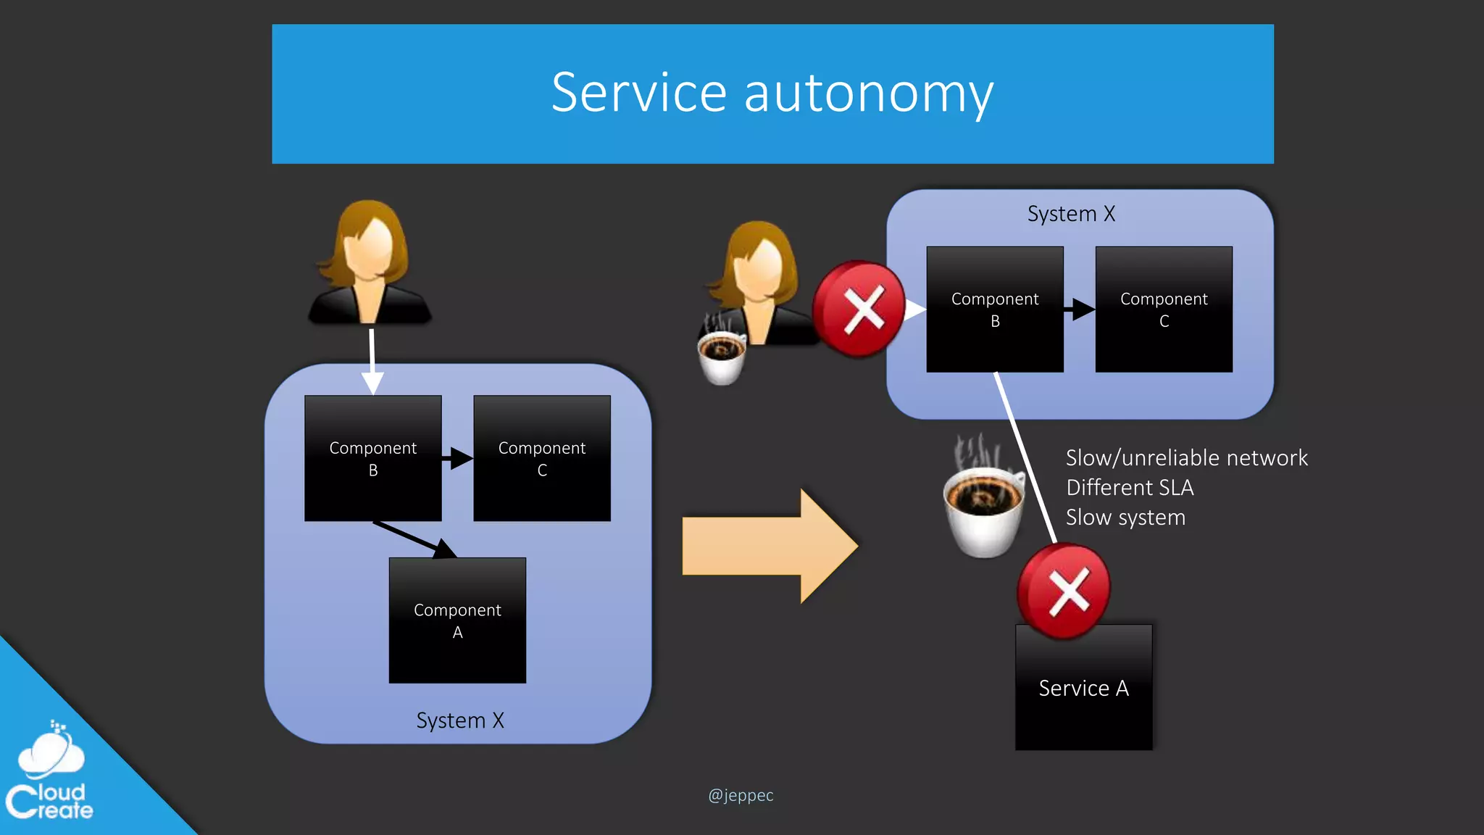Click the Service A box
(1083, 688)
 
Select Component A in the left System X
(457, 620)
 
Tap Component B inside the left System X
(372, 458)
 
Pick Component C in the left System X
(541, 458)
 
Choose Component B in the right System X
(994, 310)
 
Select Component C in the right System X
(1163, 310)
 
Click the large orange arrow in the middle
(768, 546)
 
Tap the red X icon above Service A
(1064, 591)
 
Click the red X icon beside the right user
(859, 310)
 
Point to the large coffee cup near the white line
(984, 507)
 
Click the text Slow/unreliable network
(1186, 458)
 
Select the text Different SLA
(1129, 488)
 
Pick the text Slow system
(1125, 518)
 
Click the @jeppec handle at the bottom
(741, 795)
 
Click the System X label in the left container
(459, 720)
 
